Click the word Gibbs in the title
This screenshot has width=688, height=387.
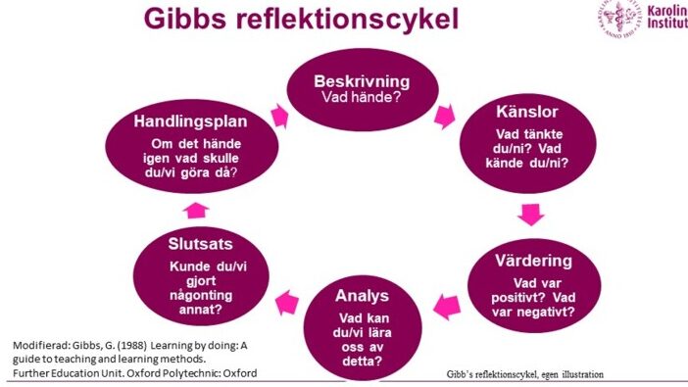[x=186, y=18]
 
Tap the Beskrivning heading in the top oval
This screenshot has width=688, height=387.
[x=362, y=81]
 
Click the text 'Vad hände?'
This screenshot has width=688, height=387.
[x=362, y=97]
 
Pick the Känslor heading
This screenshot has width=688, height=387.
[x=527, y=112]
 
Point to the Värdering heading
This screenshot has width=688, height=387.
[x=533, y=261]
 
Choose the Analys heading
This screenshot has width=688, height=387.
[x=362, y=296]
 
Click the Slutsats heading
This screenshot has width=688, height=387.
[x=200, y=244]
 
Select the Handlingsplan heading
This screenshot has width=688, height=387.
[x=190, y=121]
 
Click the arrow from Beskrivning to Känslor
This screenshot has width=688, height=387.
[x=445, y=117]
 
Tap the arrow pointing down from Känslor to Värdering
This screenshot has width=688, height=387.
[x=530, y=215]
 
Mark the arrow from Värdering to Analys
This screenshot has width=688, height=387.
[x=447, y=307]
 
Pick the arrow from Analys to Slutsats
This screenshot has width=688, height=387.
[x=287, y=303]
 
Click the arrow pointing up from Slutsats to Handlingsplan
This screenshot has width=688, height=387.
[x=196, y=211]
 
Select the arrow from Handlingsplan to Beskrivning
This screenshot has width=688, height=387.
[x=279, y=117]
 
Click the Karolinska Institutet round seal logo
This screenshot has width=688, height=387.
[x=619, y=19]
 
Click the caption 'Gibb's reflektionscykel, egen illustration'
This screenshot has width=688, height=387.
[x=524, y=374]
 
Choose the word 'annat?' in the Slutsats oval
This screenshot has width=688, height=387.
[x=201, y=310]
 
